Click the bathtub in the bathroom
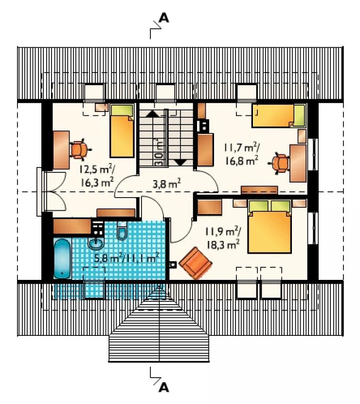62,258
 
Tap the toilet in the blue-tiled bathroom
122,230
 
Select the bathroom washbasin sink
96,243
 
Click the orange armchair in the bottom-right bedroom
196,263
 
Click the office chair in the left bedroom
79,149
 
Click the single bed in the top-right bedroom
279,116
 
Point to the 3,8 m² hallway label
166,184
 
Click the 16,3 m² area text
97,183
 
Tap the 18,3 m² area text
223,244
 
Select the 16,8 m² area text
242,161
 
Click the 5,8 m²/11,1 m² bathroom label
126,257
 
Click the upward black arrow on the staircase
153,113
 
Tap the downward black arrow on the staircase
181,162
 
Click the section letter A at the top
164,18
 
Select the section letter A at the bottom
164,387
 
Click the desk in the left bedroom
61,150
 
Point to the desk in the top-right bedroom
298,164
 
